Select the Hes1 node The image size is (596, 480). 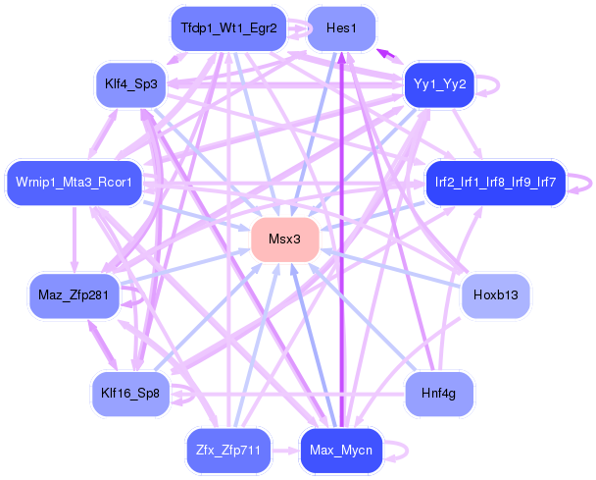point(341,28)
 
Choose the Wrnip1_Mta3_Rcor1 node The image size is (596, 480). point(74,183)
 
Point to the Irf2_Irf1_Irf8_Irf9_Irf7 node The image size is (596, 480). point(495,183)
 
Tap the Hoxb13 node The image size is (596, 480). point(495,294)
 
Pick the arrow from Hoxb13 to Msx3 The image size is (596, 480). point(392,267)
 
